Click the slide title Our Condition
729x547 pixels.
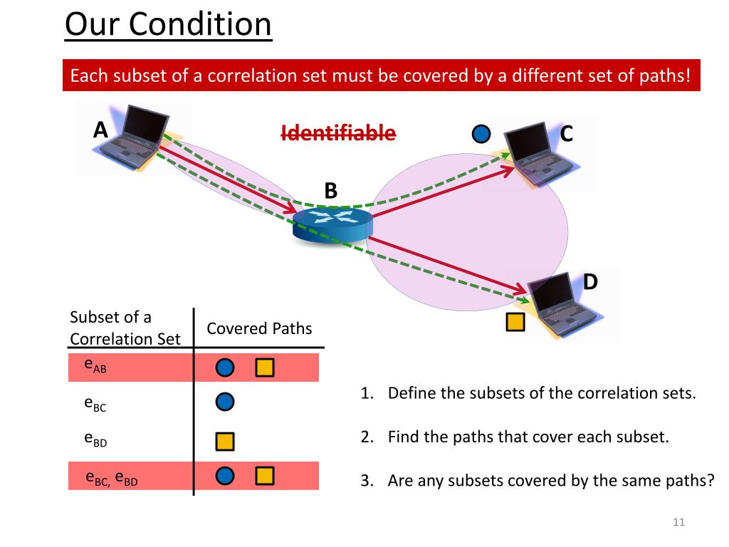168,26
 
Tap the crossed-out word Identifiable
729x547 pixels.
338,132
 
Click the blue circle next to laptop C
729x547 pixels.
482,133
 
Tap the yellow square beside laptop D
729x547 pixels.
515,323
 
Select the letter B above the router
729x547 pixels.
330,191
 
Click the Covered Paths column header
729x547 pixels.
259,328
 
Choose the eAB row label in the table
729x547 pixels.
95,365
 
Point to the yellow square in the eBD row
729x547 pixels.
225,442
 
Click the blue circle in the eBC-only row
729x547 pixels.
225,402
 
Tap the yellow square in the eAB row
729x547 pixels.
264,368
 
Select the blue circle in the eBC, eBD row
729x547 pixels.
225,476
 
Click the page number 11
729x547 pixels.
678,523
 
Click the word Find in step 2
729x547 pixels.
402,437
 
